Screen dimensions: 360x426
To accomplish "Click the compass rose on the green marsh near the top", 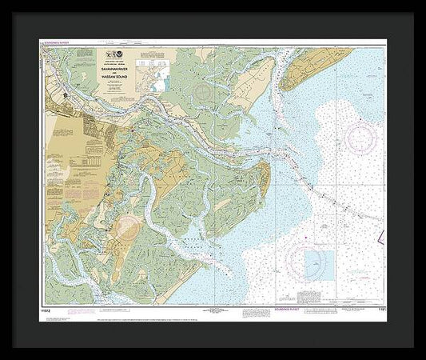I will point(203,92).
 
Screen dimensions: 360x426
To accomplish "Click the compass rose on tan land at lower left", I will point(125,228).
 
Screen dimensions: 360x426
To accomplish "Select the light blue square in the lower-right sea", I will point(320,262).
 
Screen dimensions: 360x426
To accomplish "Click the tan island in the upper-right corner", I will point(320,68).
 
